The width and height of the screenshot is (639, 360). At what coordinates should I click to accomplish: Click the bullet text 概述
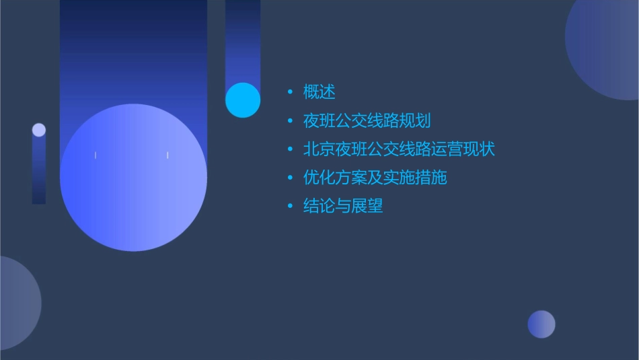point(319,92)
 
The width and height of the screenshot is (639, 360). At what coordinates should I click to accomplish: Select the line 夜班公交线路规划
point(367,121)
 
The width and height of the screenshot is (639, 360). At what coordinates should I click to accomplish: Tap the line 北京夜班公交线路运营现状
point(399,149)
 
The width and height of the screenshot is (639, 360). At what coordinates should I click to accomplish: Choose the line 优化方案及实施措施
point(375,178)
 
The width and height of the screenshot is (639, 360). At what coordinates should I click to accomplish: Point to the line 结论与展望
point(343,206)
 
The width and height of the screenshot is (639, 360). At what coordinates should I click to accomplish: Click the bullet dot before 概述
point(290,92)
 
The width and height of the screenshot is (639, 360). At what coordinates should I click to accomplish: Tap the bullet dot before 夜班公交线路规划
point(290,121)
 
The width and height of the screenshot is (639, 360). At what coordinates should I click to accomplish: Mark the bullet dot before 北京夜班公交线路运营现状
point(290,149)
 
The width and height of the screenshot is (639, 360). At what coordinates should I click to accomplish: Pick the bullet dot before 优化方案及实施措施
point(290,178)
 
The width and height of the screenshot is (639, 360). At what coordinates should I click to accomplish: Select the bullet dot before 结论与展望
point(290,206)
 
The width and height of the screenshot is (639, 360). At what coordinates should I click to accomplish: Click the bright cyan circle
point(243,100)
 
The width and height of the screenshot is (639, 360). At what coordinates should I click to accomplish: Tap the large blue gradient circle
point(133,178)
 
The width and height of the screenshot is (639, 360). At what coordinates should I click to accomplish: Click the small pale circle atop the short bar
point(39,130)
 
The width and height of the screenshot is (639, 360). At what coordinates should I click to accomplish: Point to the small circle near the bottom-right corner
point(541,324)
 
